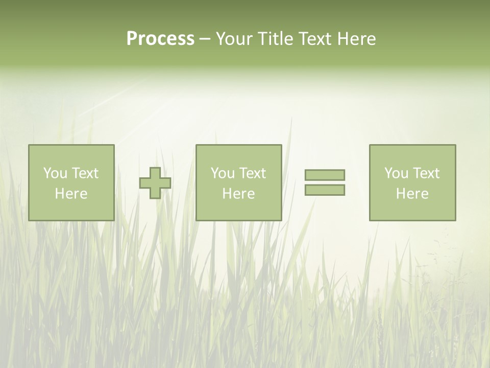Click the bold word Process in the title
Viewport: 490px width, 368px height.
160,39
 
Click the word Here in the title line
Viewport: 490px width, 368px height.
357,39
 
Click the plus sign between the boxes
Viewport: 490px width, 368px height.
155,183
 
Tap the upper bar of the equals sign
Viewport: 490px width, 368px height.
325,175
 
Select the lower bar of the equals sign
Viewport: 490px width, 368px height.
325,190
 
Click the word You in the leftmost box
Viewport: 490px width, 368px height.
55,173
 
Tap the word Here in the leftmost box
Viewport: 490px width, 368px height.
71,194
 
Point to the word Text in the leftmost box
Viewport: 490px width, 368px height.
84,173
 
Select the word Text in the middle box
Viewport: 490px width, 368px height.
252,173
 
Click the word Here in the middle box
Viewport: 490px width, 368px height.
238,194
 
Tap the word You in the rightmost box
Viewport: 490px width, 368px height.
396,173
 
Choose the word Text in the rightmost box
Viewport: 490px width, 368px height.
425,173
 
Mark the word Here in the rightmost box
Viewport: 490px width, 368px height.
412,194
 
